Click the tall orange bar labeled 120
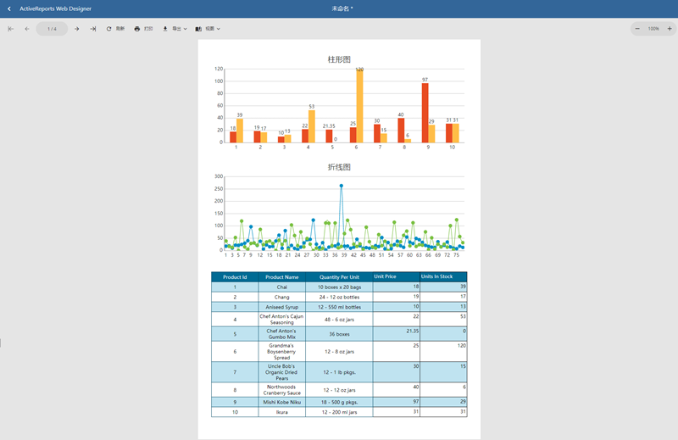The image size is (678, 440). point(359,106)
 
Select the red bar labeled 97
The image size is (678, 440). point(425,112)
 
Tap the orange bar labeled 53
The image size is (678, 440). point(312,126)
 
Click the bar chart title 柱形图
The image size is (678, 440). point(339,59)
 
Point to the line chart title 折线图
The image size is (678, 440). point(339,167)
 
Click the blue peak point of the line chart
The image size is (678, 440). point(342,186)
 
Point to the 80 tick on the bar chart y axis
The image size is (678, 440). point(219,93)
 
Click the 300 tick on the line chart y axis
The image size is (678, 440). point(218,176)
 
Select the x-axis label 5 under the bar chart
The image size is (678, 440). point(332,147)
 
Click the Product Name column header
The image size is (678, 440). point(281,276)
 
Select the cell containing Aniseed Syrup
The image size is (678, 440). point(281,307)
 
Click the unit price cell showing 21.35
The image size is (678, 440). point(396,331)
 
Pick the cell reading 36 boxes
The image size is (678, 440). point(339,334)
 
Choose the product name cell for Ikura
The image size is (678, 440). point(281,412)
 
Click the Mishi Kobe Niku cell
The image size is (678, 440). point(281,402)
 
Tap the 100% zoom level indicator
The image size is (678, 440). point(653,29)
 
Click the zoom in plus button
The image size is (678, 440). point(669,29)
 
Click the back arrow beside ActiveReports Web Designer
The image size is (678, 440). point(9,8)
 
